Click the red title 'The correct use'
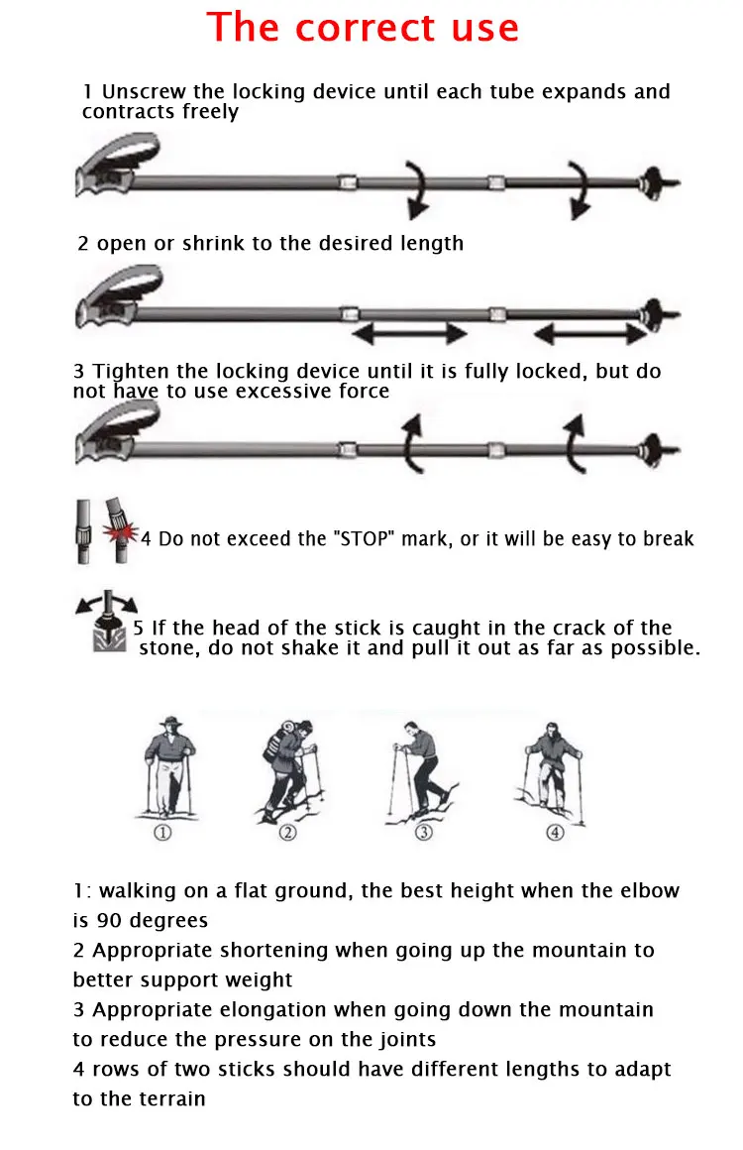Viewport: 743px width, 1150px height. coord(363,28)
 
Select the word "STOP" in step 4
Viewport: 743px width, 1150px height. coord(364,538)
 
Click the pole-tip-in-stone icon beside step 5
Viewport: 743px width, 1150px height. coord(107,621)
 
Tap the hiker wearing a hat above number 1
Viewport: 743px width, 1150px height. coord(169,765)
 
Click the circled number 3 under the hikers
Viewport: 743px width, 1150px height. coord(424,832)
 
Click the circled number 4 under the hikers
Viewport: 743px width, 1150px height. coord(556,832)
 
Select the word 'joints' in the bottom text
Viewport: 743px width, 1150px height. coord(407,1039)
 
